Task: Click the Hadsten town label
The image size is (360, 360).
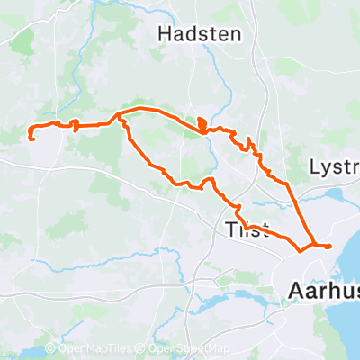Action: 200,34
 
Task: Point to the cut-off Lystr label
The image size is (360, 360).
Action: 333,168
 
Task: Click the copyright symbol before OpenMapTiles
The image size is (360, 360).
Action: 50,349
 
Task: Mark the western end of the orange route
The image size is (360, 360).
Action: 31,138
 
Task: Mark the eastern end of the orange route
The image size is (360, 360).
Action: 330,246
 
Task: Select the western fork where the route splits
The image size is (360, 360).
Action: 119,117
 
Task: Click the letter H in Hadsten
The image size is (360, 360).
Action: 166,34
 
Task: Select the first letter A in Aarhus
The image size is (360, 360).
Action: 294,291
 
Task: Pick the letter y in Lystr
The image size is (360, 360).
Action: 322,171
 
